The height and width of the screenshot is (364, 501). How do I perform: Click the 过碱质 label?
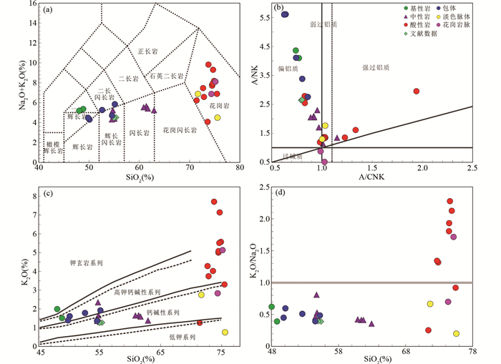(291, 154)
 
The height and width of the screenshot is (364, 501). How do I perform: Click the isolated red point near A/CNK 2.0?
(416, 91)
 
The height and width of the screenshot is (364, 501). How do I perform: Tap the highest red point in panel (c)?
(213, 202)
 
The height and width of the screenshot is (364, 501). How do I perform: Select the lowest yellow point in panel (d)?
(456, 333)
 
